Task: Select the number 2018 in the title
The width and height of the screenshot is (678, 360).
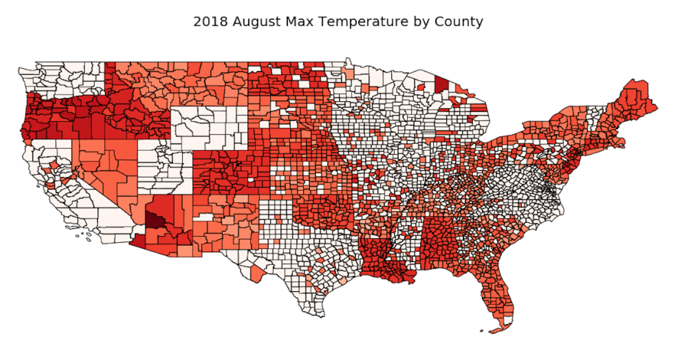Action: [210, 21]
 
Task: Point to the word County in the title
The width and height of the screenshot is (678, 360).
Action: [459, 21]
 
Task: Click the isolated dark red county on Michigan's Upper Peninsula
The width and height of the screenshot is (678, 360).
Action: [440, 84]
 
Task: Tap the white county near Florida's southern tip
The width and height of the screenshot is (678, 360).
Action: [507, 320]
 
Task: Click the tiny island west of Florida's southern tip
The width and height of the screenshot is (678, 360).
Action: [481, 330]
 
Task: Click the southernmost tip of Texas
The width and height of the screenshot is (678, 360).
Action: [324, 316]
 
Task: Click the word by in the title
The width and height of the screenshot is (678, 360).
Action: [422, 21]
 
